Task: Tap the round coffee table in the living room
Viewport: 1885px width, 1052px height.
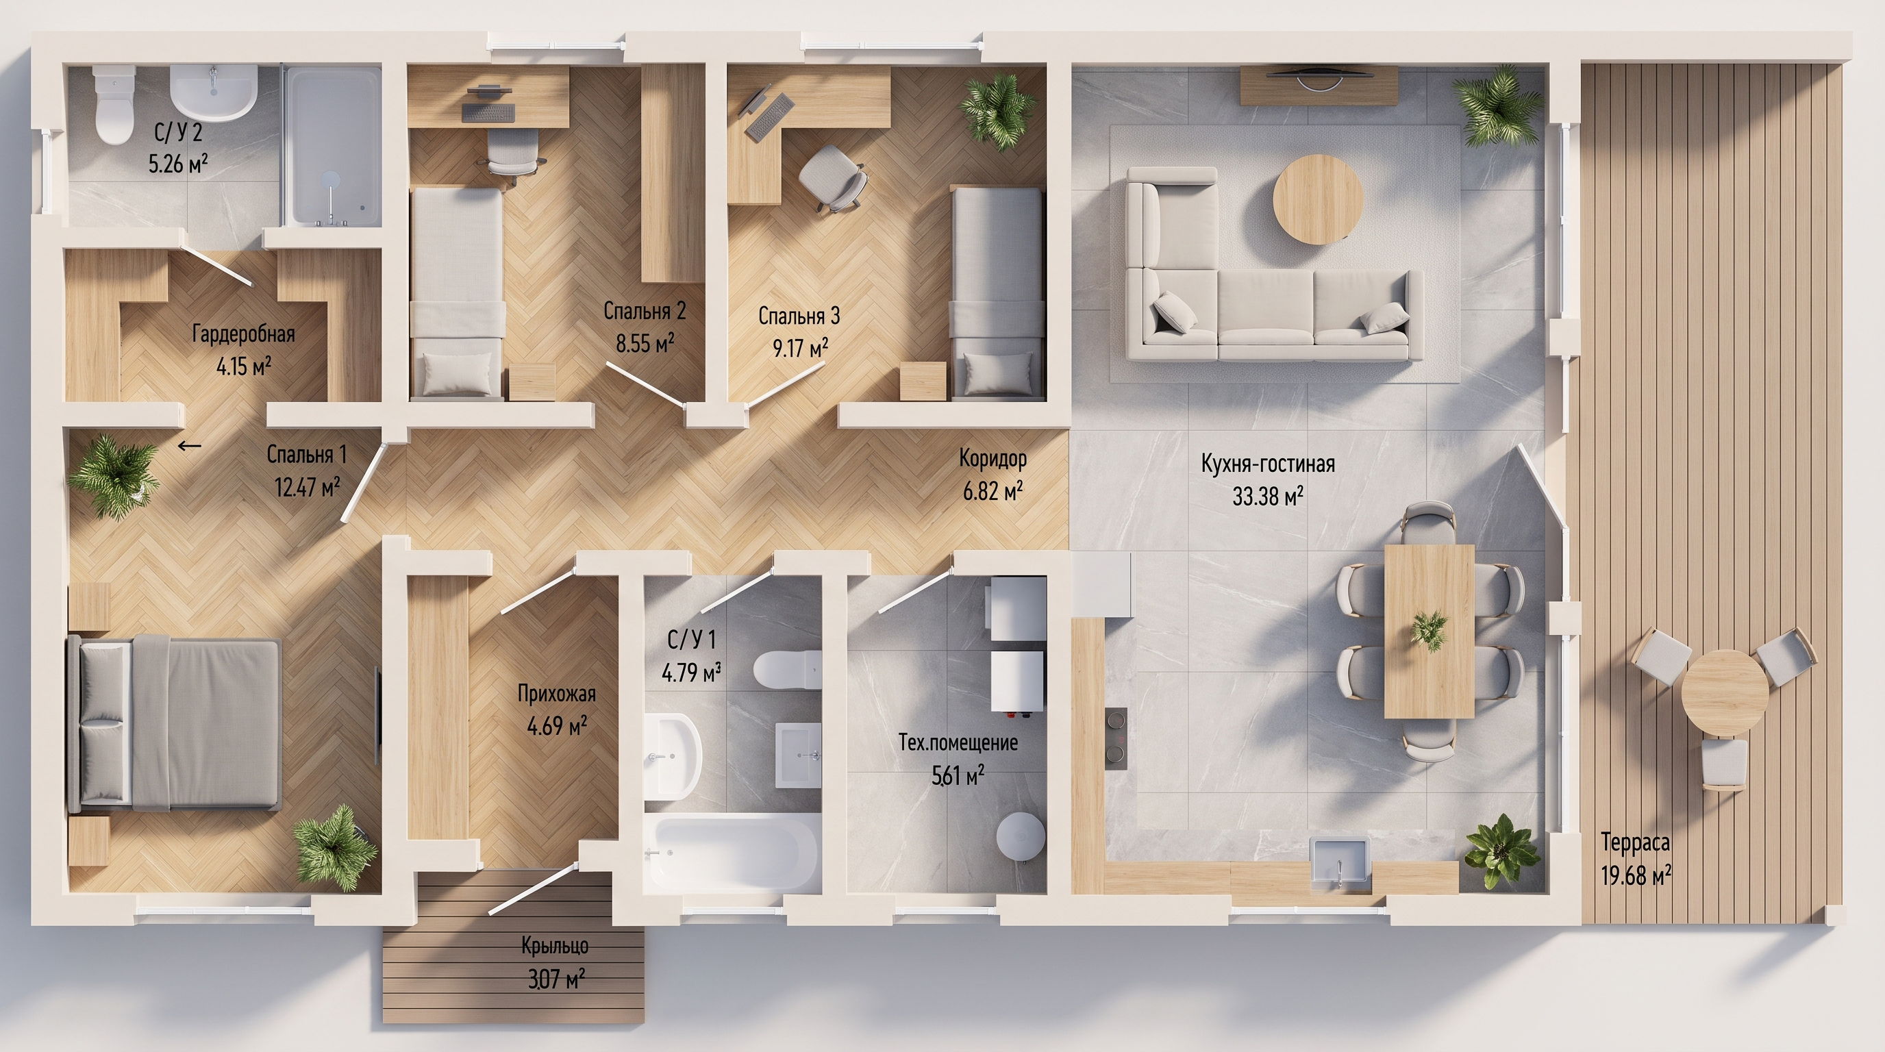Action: click(x=1318, y=199)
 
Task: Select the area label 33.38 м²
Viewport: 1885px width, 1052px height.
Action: click(x=1267, y=496)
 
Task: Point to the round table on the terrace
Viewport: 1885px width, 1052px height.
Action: click(x=1725, y=692)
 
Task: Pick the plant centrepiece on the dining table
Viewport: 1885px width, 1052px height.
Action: click(x=1428, y=630)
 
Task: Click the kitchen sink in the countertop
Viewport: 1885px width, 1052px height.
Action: click(x=1340, y=863)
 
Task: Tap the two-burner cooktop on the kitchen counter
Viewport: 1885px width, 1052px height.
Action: click(x=1116, y=739)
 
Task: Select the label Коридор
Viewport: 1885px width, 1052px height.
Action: click(x=993, y=459)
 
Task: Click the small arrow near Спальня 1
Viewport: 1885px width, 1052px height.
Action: click(x=190, y=444)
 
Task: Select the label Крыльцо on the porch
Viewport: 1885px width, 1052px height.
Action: click(x=555, y=946)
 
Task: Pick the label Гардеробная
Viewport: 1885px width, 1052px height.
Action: click(x=244, y=334)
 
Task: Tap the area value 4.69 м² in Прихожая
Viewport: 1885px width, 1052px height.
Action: click(x=557, y=727)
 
